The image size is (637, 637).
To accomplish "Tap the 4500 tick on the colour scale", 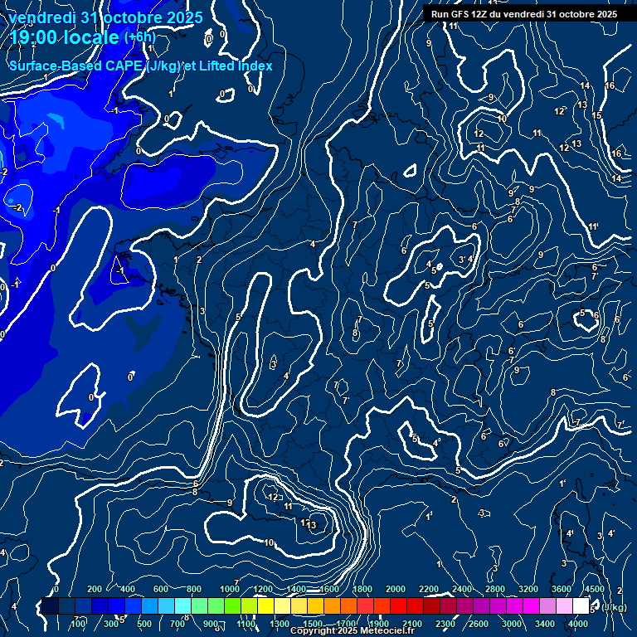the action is coord(595,589).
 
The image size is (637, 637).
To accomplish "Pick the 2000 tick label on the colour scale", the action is coord(396,589).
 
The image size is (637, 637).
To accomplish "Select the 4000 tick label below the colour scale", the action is coord(578,624).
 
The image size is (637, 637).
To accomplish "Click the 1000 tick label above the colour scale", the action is coord(230,589).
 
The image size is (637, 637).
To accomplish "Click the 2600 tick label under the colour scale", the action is coord(479,624).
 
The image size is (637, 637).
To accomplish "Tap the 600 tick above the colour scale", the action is coord(161,589).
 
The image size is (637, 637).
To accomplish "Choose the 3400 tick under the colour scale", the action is coord(545,624).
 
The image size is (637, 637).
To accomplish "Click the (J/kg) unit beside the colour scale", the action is coord(614,608).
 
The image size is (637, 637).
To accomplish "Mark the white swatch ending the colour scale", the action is coord(581,606).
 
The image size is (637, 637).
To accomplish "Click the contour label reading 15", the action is coord(596,115).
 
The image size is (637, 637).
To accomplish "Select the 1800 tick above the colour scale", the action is coord(362,589).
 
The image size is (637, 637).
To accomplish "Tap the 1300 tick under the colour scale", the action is coord(280,624).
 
